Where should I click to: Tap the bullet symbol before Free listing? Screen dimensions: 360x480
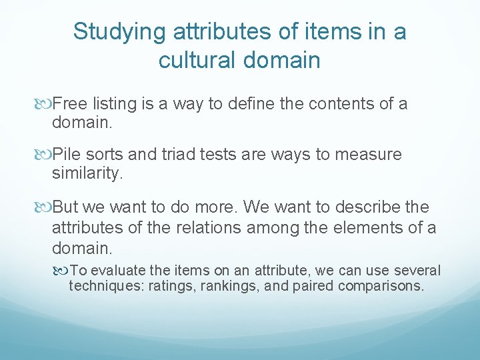pyautogui.click(x=45, y=105)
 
